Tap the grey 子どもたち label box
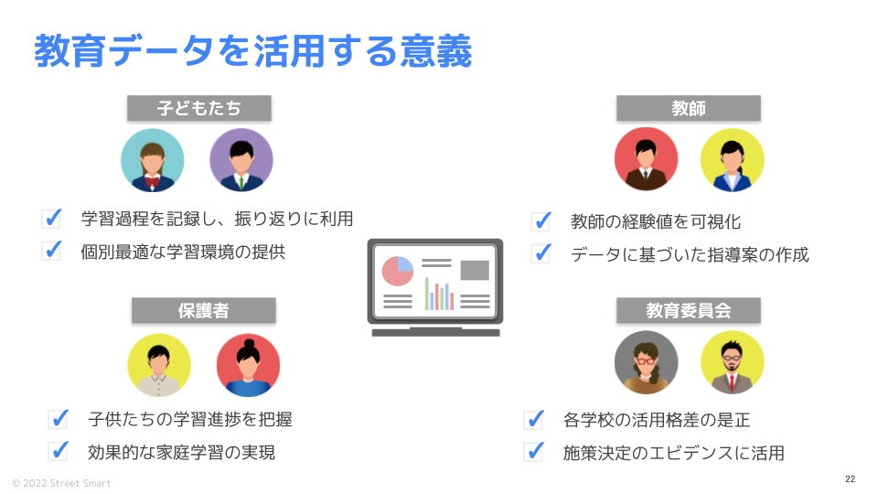(199, 108)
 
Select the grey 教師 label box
(688, 108)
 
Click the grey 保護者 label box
(203, 310)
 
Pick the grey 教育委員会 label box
(688, 310)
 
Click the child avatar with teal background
(153, 160)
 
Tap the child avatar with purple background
(241, 160)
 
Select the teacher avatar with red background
(646, 159)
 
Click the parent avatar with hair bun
(248, 364)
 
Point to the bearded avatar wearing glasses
(732, 362)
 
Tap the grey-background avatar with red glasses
(646, 362)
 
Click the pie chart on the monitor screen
(398, 272)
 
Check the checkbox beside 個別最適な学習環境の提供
(51, 251)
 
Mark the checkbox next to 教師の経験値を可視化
(541, 220)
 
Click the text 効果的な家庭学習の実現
(182, 452)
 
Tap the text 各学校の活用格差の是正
(657, 421)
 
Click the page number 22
(850, 479)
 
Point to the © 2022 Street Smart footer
(61, 482)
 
